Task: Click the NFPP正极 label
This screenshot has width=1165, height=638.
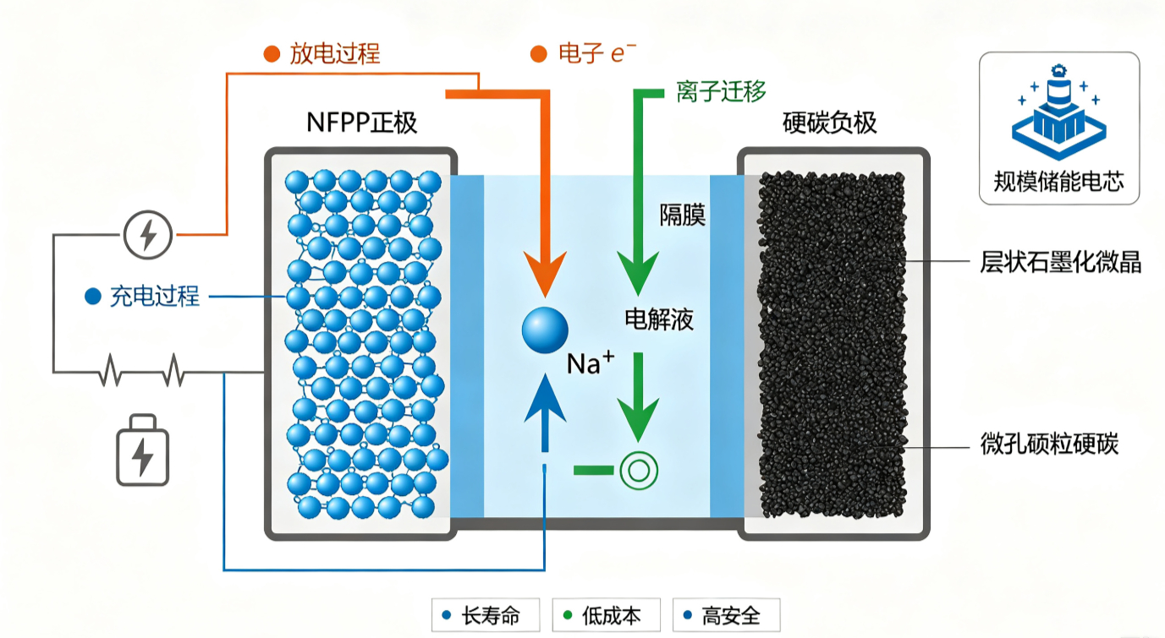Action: coord(361,123)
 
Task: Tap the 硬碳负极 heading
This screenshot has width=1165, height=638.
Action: coord(829,123)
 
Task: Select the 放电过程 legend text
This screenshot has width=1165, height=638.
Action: coord(335,53)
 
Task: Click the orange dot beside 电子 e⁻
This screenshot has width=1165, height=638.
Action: coord(538,53)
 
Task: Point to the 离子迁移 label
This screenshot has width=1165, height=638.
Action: coord(722,92)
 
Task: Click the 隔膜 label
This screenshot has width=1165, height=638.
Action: coord(683,215)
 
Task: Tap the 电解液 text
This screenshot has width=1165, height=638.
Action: coord(659,319)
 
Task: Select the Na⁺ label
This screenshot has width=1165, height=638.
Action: coord(591,363)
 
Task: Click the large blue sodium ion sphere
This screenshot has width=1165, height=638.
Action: coord(545,330)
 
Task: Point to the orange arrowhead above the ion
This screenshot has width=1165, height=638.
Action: coord(545,273)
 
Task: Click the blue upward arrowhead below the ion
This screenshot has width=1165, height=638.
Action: coord(545,397)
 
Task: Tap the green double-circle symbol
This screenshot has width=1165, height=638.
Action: coord(639,471)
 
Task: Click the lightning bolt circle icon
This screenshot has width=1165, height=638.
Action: coord(148,235)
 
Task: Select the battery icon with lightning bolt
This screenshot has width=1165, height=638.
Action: coord(142,450)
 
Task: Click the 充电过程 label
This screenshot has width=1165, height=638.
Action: coord(155,296)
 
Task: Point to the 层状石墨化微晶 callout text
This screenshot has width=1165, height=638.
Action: coord(1060,262)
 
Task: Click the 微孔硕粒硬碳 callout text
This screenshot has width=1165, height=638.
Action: coord(1049,444)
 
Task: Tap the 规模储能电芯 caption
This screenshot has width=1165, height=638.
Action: coord(1059,182)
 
